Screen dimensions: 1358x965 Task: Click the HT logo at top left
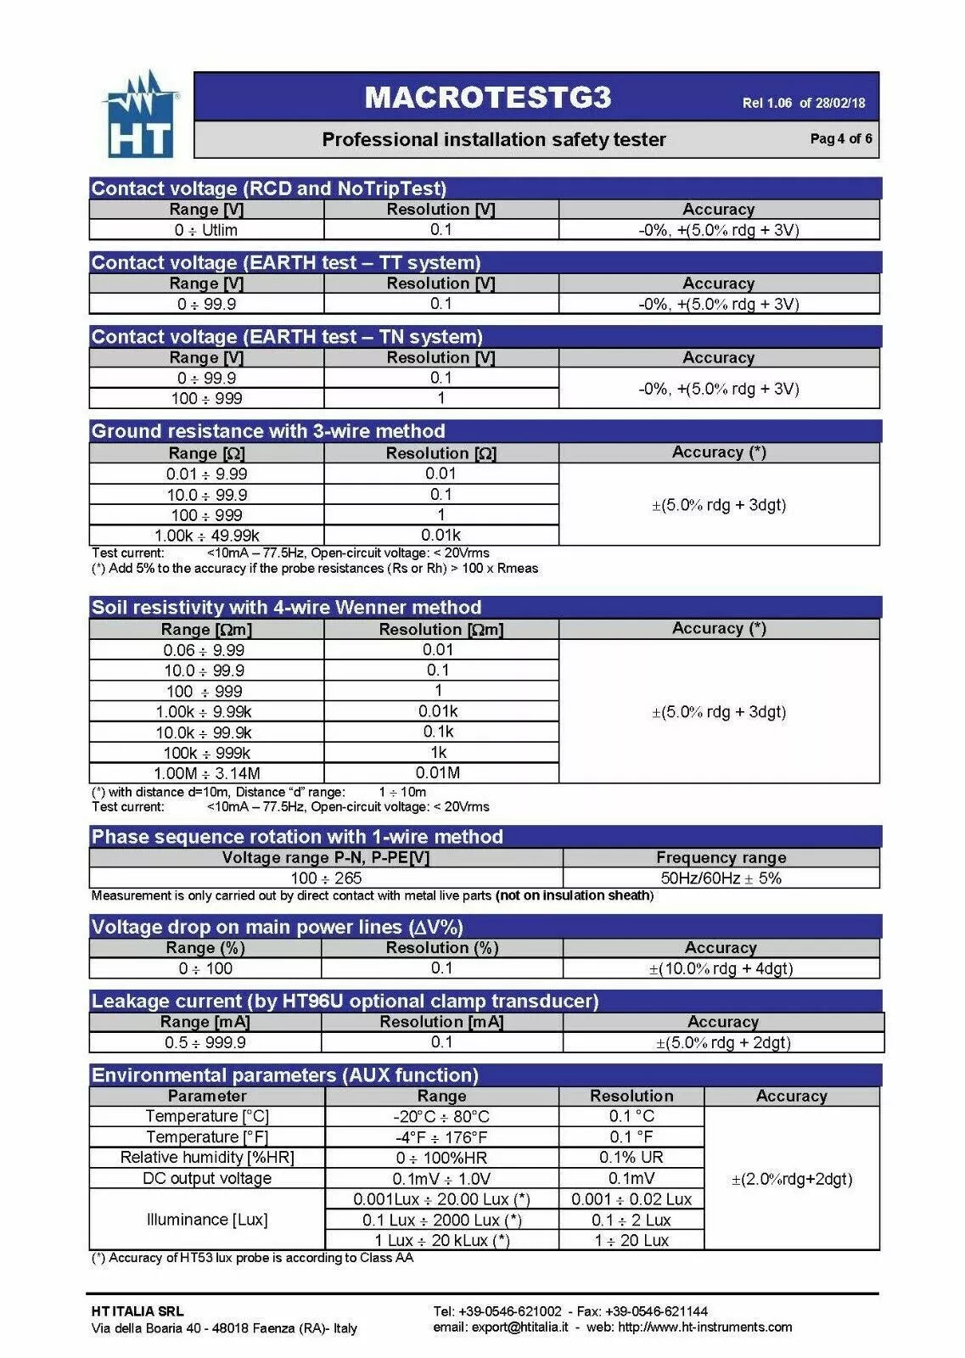click(141, 116)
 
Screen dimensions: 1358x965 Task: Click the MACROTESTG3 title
click(487, 98)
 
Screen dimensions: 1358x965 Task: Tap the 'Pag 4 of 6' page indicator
click(840, 139)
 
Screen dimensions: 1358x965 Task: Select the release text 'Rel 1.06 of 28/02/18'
click(803, 104)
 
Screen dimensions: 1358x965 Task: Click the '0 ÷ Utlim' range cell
click(206, 230)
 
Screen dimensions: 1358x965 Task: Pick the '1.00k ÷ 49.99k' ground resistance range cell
click(206, 536)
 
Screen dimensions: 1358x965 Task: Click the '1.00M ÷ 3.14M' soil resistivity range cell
click(206, 773)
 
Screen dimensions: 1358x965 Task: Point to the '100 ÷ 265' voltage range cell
click(326, 878)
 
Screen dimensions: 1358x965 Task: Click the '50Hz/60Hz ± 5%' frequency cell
click(721, 878)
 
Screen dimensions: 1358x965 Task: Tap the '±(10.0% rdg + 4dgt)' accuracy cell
click(721, 968)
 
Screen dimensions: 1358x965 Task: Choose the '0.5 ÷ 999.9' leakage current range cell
click(205, 1042)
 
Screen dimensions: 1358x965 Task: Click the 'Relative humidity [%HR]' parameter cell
click(207, 1158)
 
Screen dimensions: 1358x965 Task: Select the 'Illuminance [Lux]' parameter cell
click(207, 1220)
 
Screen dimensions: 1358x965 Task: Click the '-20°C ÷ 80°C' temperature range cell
click(441, 1117)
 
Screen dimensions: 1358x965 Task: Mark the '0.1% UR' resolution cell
click(631, 1158)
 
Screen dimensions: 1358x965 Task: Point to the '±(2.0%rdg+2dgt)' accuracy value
click(791, 1179)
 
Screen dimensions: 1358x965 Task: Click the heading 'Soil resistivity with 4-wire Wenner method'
click(286, 608)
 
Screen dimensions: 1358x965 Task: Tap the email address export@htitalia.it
click(519, 1327)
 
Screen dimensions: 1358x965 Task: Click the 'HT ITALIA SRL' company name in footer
click(137, 1311)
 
